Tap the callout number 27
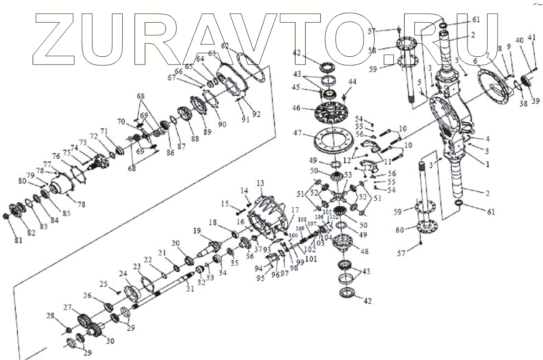[67, 307]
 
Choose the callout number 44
[352, 82]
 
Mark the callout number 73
[83, 144]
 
